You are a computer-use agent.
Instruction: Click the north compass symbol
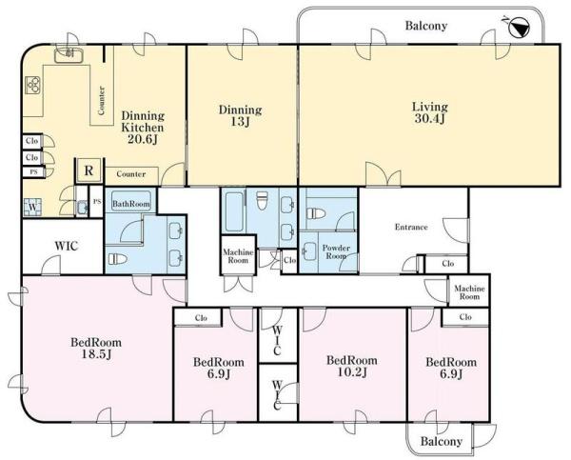pos(518,28)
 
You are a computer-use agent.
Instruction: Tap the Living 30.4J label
pos(430,112)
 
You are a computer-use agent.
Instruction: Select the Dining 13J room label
pos(240,115)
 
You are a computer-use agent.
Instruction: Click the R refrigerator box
pos(89,170)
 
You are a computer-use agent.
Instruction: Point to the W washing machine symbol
pos(32,207)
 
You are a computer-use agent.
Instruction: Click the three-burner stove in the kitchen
pos(34,86)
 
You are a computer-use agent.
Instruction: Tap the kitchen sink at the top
pos(69,55)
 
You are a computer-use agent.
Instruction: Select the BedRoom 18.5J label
pos(96,349)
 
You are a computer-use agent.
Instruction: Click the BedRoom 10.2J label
pos(352,367)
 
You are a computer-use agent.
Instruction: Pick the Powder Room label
pos(336,251)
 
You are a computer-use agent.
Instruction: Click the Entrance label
pos(411,227)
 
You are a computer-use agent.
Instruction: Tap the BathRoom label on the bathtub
pos(131,204)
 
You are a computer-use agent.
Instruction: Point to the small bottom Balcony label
pos(442,442)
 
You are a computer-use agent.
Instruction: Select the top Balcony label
pos(426,26)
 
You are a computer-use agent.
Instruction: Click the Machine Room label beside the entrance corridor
pos(469,292)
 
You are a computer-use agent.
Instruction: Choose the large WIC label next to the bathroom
pos(67,246)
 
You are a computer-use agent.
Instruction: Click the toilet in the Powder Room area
pos(316,213)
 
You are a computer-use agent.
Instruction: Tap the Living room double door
pos(384,174)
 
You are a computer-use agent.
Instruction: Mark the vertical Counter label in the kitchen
pos(102,100)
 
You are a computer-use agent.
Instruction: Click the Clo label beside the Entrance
pos(448,264)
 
